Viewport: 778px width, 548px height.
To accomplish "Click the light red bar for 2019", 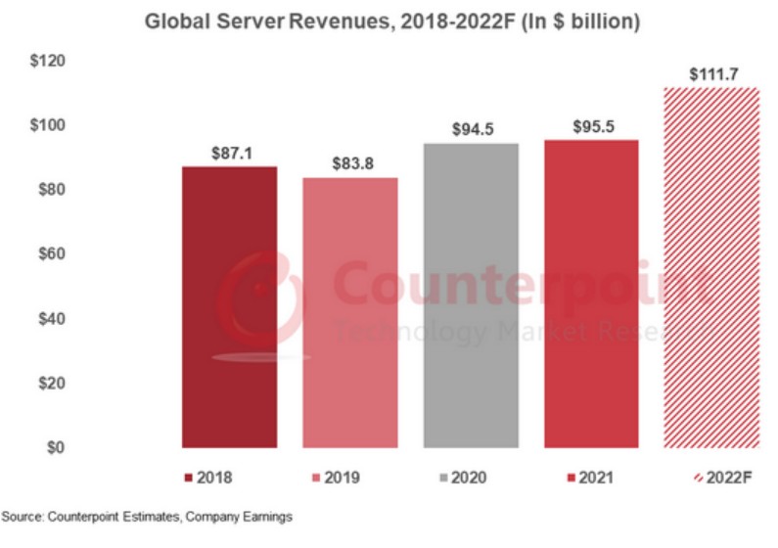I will pyautogui.click(x=349, y=312).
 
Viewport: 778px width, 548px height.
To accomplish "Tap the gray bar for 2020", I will pyautogui.click(x=471, y=295).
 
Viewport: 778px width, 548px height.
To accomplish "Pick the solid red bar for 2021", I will pyautogui.click(x=590, y=293).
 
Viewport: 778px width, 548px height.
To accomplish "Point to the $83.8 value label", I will pyautogui.click(x=350, y=165).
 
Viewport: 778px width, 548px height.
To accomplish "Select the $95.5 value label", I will pyautogui.click(x=591, y=127).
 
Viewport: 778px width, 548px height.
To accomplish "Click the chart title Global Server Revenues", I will pyautogui.click(x=391, y=22).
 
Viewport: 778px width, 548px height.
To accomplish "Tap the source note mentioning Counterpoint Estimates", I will pyautogui.click(x=147, y=515).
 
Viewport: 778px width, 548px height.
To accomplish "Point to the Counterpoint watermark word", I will pyautogui.click(x=519, y=284).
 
